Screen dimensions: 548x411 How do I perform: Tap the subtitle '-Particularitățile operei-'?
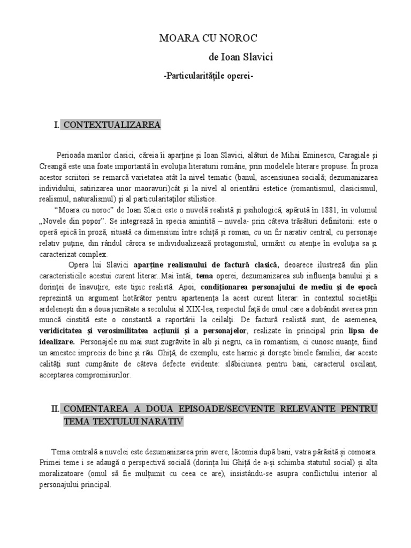[x=208, y=76]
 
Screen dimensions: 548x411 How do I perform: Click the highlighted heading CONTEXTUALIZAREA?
[x=111, y=125]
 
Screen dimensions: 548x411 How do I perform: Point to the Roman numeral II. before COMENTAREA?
[x=55, y=409]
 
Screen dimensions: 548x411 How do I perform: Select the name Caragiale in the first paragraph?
[x=351, y=155]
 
